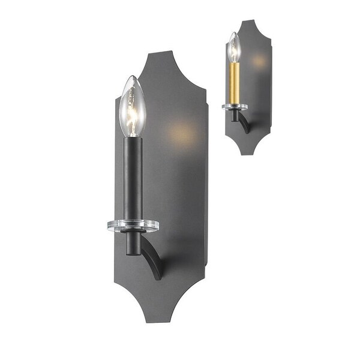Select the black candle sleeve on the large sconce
(x=133, y=174)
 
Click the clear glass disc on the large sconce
(x=133, y=226)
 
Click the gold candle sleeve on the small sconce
(x=235, y=82)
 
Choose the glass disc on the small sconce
(x=235, y=107)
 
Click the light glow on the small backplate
(x=258, y=60)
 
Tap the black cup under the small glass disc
(x=235, y=115)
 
